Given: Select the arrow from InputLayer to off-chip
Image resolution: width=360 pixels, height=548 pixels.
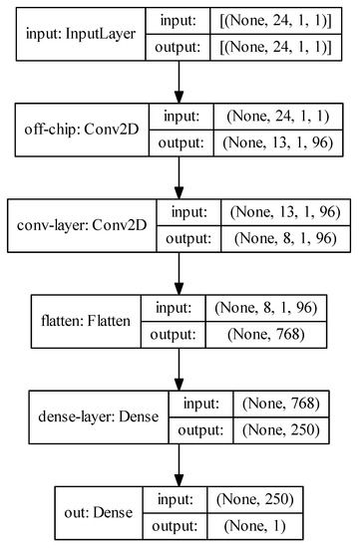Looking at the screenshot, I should tap(180, 81).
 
